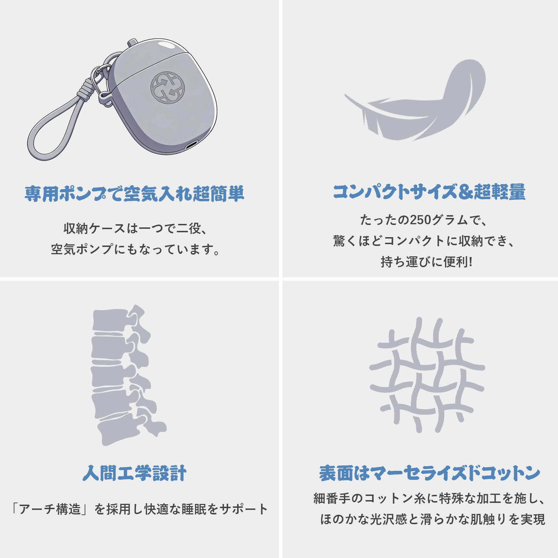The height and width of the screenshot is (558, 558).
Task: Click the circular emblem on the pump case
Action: [167, 88]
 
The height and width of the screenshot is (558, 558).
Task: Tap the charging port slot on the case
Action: [191, 144]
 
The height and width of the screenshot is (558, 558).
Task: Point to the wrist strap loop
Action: [52, 136]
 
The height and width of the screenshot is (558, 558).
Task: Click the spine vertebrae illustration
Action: [122, 375]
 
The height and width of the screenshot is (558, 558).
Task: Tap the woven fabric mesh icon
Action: [427, 375]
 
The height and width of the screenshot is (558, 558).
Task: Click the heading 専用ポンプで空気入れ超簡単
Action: [134, 194]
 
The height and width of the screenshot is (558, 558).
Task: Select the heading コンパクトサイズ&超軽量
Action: [429, 192]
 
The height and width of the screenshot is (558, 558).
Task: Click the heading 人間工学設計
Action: [135, 473]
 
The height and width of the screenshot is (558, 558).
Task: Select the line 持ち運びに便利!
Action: [426, 262]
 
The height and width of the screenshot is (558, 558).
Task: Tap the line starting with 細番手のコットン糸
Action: [429, 498]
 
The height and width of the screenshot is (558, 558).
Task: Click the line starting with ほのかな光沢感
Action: [432, 519]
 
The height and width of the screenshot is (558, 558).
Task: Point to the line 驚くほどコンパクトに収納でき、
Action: [424, 241]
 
